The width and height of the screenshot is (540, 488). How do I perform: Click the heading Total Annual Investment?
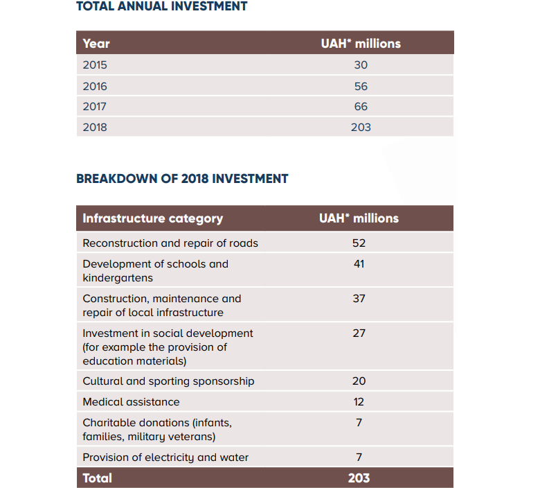[x=161, y=6]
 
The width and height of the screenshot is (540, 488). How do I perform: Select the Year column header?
[x=96, y=44]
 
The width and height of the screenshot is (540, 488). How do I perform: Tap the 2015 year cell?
[x=95, y=65]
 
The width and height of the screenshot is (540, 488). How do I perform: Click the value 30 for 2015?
[x=361, y=65]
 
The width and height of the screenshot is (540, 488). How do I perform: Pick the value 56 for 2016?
[x=361, y=86]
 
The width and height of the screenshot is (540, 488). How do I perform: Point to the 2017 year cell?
[x=94, y=107]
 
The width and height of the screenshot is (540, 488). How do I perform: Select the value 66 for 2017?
[x=361, y=107]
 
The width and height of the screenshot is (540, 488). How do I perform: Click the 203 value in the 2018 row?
[x=361, y=128]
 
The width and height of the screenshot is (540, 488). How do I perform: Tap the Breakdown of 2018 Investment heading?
[x=182, y=179]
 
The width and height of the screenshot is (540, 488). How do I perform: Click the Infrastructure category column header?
[x=152, y=218]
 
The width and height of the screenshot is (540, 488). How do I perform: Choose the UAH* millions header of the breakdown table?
[x=359, y=218]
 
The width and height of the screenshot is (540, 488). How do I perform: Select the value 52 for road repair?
[x=359, y=243]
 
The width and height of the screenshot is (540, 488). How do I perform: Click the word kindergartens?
[x=118, y=278]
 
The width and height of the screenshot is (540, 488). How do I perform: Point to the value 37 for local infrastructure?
[x=359, y=299]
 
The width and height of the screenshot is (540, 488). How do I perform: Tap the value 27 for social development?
[x=359, y=333]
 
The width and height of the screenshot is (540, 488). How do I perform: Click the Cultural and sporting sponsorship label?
[x=168, y=381]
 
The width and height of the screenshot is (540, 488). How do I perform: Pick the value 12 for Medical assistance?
[x=359, y=402]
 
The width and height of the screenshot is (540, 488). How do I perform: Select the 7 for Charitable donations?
[x=359, y=422]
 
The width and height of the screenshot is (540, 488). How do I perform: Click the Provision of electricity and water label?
[x=165, y=458]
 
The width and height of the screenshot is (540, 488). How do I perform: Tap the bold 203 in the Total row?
[x=359, y=478]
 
